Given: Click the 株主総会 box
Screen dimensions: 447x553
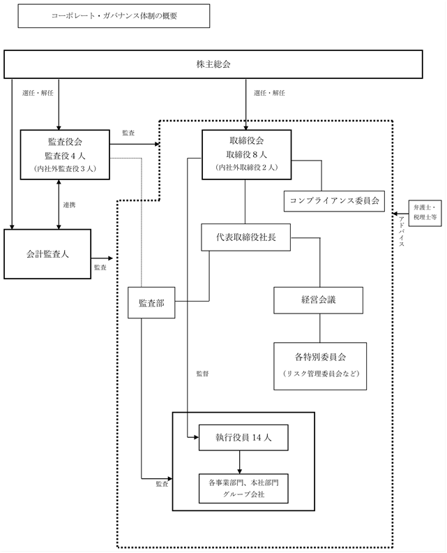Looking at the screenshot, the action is (213, 64).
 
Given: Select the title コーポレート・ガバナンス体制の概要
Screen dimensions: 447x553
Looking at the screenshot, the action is (114, 16).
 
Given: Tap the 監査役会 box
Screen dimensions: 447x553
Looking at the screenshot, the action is (65, 154).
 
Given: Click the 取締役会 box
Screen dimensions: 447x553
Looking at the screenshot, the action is (247, 154).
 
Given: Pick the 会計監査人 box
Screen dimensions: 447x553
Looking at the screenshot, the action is (47, 254).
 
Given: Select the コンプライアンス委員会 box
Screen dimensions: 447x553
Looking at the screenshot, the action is (334, 201).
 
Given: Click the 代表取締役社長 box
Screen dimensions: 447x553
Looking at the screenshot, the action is (246, 237).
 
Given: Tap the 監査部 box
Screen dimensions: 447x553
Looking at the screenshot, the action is (151, 303).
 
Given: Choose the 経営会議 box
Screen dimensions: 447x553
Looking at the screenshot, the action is (319, 300).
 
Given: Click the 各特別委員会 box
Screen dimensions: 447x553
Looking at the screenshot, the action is (320, 366).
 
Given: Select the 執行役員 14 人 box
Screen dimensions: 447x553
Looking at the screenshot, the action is (243, 438).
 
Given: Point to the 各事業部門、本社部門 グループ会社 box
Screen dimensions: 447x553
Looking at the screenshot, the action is (243, 489).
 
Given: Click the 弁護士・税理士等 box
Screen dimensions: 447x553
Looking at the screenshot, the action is (425, 213).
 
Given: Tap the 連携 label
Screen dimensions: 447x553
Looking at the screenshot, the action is (69, 205).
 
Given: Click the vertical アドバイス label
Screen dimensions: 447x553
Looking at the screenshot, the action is (402, 231).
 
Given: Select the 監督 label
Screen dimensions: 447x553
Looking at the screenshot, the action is (202, 374).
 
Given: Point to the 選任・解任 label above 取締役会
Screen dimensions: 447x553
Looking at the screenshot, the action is (269, 93).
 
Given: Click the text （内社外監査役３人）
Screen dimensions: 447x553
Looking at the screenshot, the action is (65, 168).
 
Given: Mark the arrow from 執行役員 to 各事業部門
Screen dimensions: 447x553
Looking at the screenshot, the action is (239, 462).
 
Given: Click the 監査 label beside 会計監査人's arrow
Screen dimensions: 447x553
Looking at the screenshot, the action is (100, 267).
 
